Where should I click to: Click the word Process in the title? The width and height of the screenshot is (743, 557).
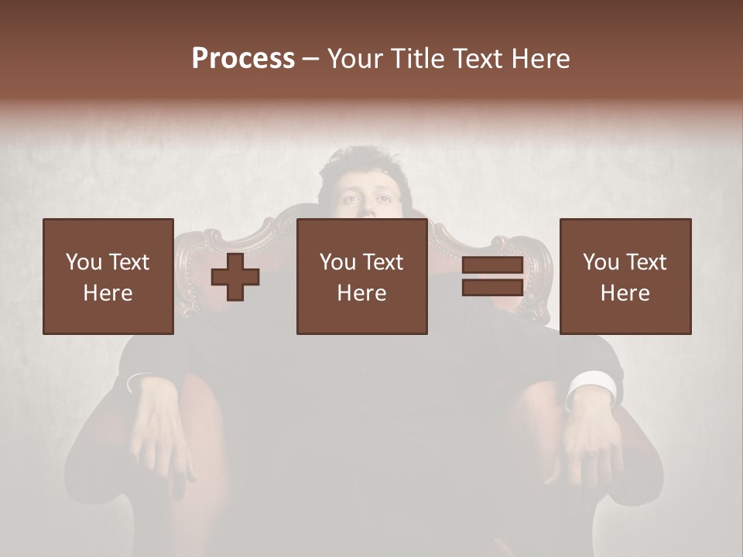[x=243, y=59]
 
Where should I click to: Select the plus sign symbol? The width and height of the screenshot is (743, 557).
[x=235, y=277]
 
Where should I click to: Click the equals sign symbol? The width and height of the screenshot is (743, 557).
[x=492, y=277]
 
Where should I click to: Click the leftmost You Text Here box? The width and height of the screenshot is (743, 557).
[x=108, y=277]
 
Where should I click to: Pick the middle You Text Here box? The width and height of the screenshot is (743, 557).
[x=361, y=277]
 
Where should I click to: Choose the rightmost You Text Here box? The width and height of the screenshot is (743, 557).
[x=625, y=277]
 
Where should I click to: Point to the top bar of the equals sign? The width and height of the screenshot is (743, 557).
[x=492, y=266]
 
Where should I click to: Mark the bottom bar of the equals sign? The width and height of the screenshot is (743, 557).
[x=492, y=288]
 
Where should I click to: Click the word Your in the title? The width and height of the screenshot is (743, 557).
[x=353, y=59]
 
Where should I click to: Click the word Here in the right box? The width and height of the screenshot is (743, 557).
[x=625, y=293]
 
